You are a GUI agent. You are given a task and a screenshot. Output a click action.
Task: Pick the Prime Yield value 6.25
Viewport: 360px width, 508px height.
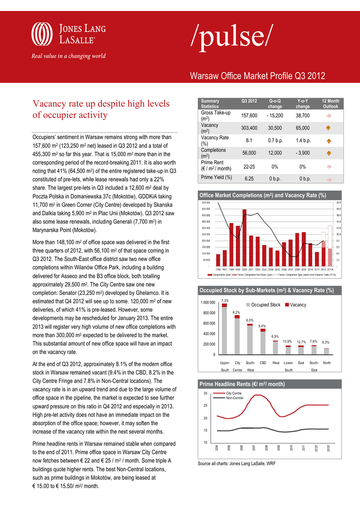coord(249,178)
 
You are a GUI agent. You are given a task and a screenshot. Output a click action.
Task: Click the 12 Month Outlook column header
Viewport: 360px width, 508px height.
coord(330,104)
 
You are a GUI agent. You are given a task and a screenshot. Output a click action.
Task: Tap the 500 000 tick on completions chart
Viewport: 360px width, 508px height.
coord(205,203)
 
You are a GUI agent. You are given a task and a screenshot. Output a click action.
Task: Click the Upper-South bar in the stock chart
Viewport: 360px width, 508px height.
coord(224,330)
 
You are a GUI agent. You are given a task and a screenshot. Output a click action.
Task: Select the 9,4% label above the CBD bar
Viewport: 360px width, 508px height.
coord(262,326)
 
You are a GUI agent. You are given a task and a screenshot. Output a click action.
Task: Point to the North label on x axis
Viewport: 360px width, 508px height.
coord(327,363)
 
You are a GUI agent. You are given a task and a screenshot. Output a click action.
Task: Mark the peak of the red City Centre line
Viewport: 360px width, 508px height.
coord(257,395)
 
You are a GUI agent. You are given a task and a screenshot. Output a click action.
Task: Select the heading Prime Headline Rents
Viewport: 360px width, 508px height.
coord(234,384)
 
